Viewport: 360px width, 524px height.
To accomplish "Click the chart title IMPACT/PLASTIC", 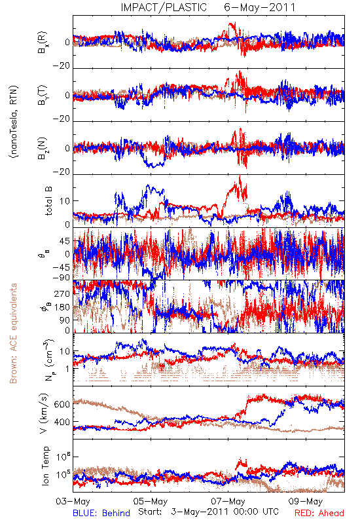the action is click(x=164, y=7).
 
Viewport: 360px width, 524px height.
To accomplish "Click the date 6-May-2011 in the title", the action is click(x=259, y=7).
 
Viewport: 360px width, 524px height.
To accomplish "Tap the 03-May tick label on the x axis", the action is click(x=73, y=501).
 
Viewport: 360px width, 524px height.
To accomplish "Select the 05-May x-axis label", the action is click(x=151, y=501).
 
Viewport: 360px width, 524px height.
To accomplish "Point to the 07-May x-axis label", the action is click(x=228, y=501).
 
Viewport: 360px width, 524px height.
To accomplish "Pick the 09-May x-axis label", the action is click(x=306, y=501).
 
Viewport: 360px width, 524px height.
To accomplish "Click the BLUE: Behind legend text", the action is click(x=101, y=513).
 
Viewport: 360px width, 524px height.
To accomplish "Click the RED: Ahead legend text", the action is click(x=319, y=513).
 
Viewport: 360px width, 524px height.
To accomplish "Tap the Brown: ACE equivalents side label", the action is click(x=13, y=333).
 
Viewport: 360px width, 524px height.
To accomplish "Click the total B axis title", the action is click(x=48, y=201).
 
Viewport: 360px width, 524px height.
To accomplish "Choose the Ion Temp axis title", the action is click(x=45, y=466).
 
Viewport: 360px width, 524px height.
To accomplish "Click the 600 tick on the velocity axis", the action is click(x=62, y=404).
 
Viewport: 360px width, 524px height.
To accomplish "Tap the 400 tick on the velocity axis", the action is click(x=62, y=422).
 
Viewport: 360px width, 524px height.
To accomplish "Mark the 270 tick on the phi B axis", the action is click(x=62, y=293).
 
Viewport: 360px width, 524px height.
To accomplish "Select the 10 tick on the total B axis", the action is click(x=65, y=201).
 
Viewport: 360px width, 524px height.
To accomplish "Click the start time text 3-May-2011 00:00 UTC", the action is click(x=225, y=512).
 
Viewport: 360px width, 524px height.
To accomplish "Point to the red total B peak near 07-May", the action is click(x=240, y=176).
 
